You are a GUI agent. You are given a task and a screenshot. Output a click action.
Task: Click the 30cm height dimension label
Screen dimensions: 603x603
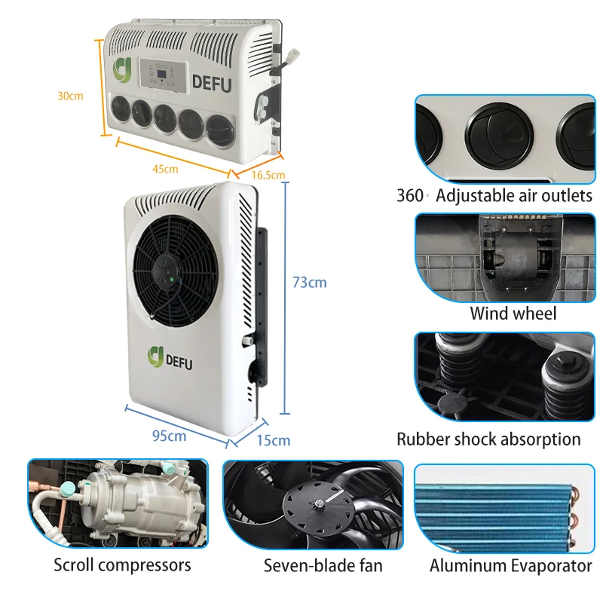tap(70, 96)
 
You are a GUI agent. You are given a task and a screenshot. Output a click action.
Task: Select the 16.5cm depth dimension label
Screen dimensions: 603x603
tap(268, 175)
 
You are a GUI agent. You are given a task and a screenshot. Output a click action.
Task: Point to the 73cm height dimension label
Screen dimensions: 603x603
tap(309, 283)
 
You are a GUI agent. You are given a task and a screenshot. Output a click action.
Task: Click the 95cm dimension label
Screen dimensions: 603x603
tap(168, 436)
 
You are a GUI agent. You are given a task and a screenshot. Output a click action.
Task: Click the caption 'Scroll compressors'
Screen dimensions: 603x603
tap(122, 565)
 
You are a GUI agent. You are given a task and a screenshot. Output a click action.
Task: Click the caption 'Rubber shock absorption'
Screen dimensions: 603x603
tap(488, 439)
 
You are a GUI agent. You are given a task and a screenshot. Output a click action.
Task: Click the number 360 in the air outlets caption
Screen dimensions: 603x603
tap(410, 196)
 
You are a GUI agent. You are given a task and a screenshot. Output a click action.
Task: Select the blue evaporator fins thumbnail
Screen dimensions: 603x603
tap(497, 507)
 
